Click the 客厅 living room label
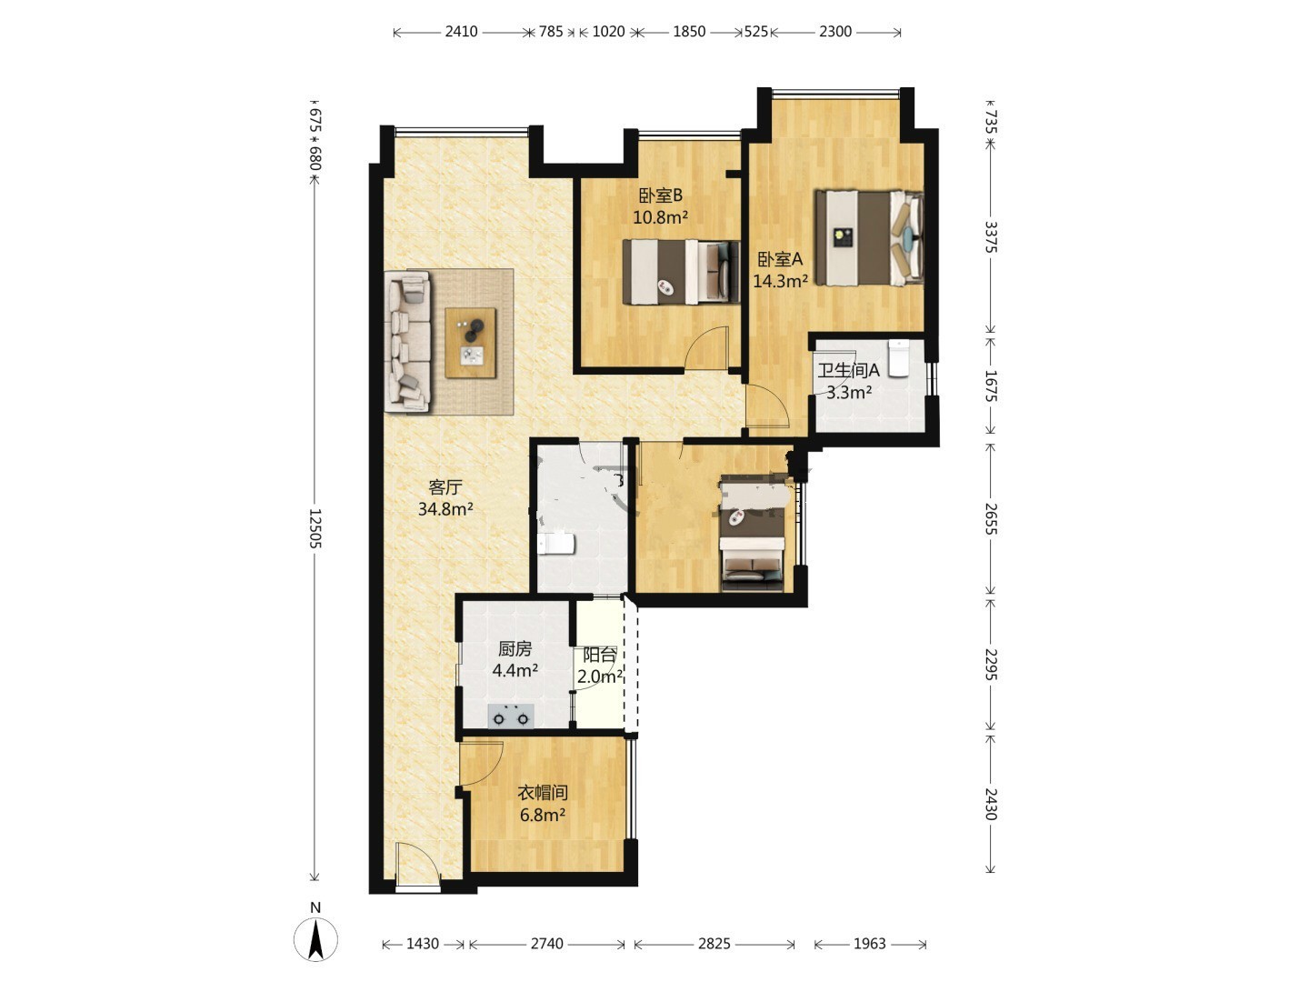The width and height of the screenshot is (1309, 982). point(445,487)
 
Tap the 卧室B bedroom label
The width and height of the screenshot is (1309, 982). point(660,195)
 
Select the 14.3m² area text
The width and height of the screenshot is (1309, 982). point(780,280)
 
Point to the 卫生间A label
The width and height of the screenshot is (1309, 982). point(847,370)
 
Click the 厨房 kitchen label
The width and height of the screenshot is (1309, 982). point(515,648)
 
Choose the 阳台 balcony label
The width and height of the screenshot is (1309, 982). point(599,656)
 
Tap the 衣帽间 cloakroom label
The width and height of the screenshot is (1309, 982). point(542,792)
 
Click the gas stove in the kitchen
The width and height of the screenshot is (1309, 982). point(511,716)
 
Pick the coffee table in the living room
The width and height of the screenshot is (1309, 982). point(471,342)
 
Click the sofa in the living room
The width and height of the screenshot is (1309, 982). point(408,341)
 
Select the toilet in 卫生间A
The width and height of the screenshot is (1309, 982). point(898,357)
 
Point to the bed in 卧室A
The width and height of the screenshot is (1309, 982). point(869,236)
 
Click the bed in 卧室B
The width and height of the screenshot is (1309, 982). point(681,272)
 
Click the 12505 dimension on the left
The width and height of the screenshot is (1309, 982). point(315,528)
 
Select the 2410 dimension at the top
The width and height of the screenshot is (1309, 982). point(461,32)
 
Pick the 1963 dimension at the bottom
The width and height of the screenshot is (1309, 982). point(870,944)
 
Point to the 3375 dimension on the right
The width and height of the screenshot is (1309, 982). point(990,236)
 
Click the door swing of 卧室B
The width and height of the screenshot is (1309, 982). point(706,347)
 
